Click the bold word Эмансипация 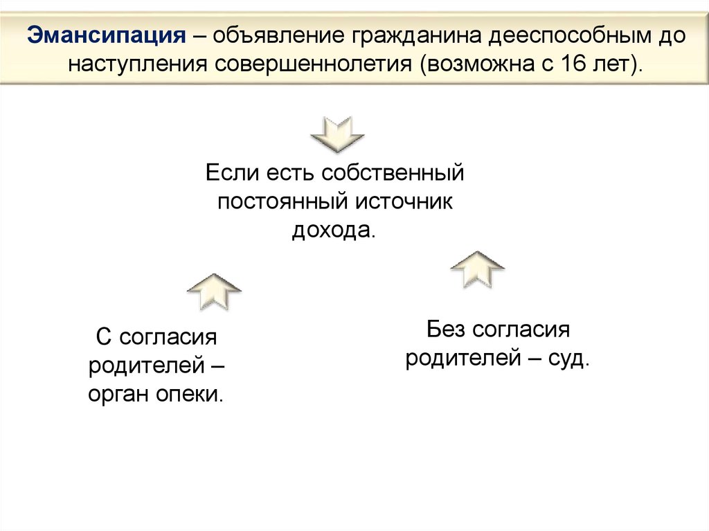(105, 35)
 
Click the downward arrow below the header (337, 134)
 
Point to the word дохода (333, 230)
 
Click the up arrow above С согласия (214, 290)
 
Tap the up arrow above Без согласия (477, 269)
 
